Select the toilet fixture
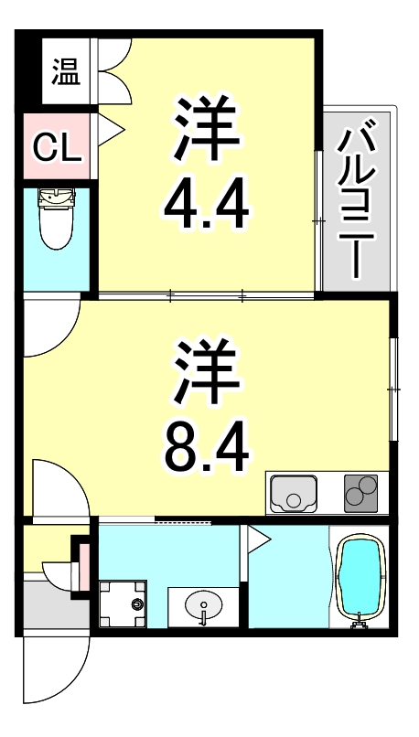[57, 219]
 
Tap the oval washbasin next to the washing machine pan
[202, 605]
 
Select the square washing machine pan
[124, 603]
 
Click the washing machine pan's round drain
[137, 603]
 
